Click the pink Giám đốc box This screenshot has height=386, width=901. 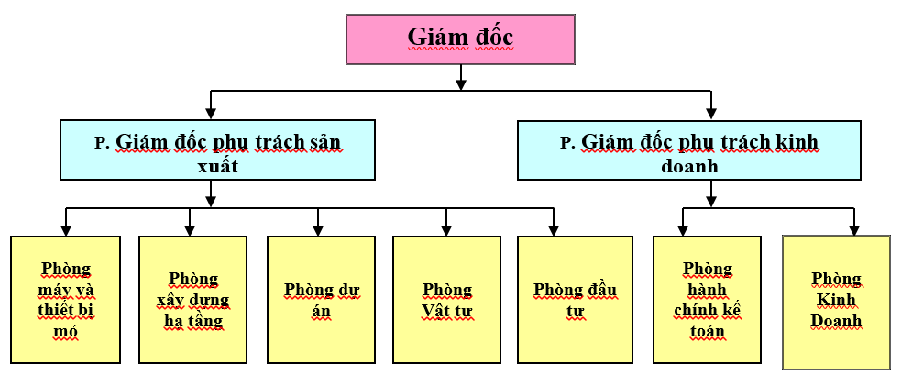coord(460,39)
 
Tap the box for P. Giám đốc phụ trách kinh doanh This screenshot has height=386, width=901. coord(689,149)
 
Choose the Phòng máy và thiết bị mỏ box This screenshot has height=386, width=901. coord(66,299)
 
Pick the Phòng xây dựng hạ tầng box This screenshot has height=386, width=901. coord(192,299)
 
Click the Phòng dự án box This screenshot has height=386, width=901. coord(322,299)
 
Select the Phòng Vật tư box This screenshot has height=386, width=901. coord(446,299)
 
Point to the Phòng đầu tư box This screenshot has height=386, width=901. coord(575,299)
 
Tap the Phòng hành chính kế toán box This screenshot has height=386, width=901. coord(707,299)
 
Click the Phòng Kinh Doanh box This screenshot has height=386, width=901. coord(836,302)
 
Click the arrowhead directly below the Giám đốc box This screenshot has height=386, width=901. coord(461,83)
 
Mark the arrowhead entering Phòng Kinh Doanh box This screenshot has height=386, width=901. coord(854,230)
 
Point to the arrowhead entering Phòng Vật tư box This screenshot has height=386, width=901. coord(446,230)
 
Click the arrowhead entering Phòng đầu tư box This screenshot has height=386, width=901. coord(554,230)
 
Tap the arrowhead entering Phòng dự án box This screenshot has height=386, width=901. coord(318,230)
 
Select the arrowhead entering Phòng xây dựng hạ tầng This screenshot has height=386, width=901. coord(190,230)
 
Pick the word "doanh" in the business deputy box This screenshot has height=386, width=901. coord(689,166)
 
